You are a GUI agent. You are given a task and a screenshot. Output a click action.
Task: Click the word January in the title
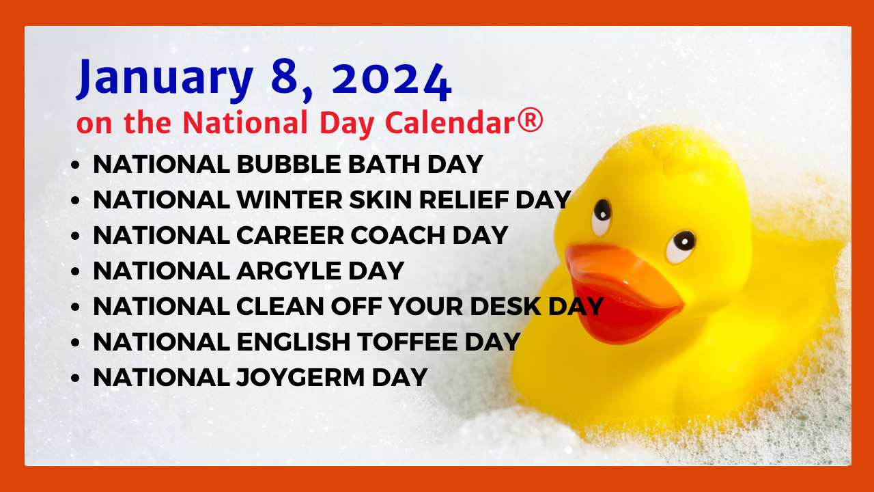[165, 79]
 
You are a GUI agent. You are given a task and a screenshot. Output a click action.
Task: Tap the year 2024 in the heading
[392, 79]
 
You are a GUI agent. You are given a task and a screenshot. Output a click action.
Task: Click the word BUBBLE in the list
[289, 164]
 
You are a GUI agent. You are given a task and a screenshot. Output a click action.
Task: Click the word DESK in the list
[506, 306]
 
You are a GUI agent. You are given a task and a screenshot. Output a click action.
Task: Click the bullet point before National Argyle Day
[75, 271]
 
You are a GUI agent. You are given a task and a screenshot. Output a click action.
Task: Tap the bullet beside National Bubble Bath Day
[75, 165]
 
